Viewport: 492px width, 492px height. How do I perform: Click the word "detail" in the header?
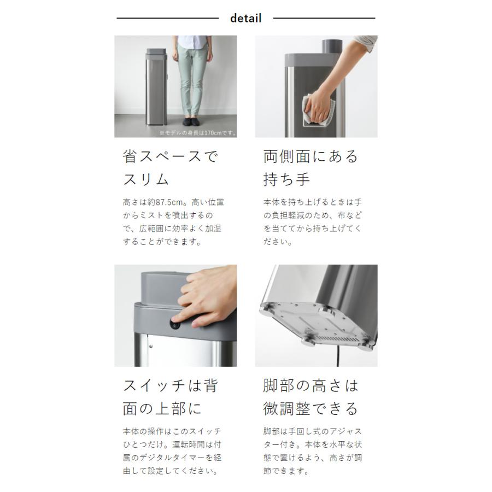click(x=245, y=18)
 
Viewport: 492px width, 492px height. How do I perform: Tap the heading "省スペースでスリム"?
click(x=170, y=167)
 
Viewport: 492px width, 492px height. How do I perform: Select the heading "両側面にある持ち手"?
click(x=311, y=167)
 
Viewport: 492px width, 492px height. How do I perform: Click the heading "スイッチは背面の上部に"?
click(x=170, y=396)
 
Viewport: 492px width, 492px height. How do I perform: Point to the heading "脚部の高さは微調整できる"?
click(x=311, y=396)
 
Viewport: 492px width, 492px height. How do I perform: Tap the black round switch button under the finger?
click(x=175, y=324)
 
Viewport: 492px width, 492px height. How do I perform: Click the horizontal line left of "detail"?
click(x=167, y=18)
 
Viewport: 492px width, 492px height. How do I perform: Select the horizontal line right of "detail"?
click(x=324, y=18)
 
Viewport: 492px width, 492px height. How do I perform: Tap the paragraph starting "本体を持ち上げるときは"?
click(x=312, y=222)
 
